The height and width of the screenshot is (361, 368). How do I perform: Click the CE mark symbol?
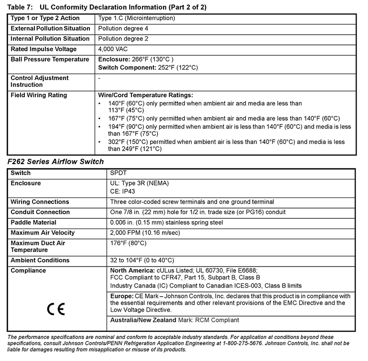[x=56, y=309]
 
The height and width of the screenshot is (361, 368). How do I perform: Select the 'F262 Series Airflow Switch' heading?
[x=56, y=162]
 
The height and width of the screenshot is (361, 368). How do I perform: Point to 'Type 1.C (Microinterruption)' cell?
[x=136, y=18]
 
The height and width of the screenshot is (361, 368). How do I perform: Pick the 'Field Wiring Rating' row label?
[x=39, y=95]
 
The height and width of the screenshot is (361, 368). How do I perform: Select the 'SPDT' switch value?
[x=118, y=173]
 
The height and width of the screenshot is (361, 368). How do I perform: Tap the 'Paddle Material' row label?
[x=33, y=222]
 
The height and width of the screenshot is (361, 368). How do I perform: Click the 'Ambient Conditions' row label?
[x=40, y=260]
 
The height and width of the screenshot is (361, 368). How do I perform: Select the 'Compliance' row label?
[x=28, y=270]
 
